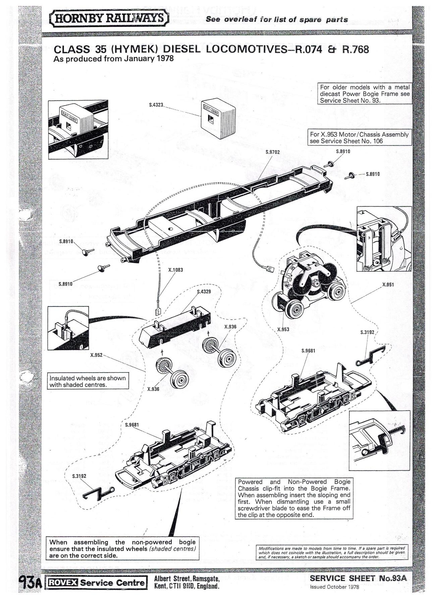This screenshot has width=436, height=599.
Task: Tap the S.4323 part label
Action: [x=156, y=105]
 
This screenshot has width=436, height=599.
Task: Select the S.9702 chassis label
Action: [x=272, y=152]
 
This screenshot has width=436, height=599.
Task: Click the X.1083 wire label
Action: [x=175, y=270]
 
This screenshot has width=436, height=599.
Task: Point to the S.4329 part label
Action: [x=204, y=291]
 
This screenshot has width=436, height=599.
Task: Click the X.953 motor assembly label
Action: [x=283, y=329]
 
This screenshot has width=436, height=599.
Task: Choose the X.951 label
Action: [x=388, y=285]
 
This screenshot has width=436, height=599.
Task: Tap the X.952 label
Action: [x=97, y=355]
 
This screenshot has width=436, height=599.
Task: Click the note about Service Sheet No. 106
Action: [x=359, y=138]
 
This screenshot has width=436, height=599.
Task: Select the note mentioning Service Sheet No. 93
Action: [x=365, y=94]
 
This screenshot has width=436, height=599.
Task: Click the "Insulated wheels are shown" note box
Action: [x=88, y=381]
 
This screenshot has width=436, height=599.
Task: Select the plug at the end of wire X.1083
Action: [x=158, y=312]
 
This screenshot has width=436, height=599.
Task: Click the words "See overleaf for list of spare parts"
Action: [x=277, y=20]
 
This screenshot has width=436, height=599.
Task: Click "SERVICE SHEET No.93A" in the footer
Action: [x=358, y=578]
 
